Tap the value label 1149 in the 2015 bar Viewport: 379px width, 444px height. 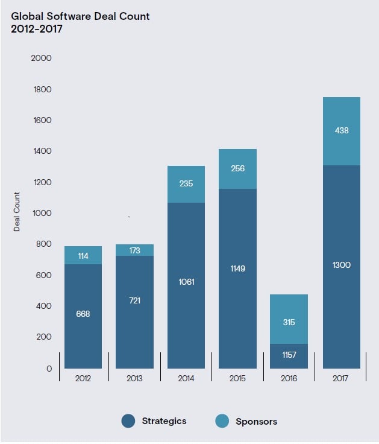coord(238,268)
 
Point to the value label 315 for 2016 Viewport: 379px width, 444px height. coord(289,323)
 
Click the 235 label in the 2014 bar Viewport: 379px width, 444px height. coord(186,183)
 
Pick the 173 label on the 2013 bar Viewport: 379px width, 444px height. coord(134,250)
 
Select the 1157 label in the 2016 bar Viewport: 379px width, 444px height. coord(289,355)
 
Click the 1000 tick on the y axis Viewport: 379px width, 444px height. coord(42,214)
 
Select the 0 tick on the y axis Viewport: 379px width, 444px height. coord(49,369)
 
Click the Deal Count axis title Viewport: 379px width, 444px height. coord(17,212)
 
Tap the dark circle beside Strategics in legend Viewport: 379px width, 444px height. coord(128,421)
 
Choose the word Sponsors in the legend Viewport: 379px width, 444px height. coord(257,422)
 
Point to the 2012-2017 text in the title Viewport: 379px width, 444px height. coord(37,28)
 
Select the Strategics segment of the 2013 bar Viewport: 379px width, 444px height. coord(134,338)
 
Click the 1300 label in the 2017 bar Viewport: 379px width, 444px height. coord(342,265)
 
